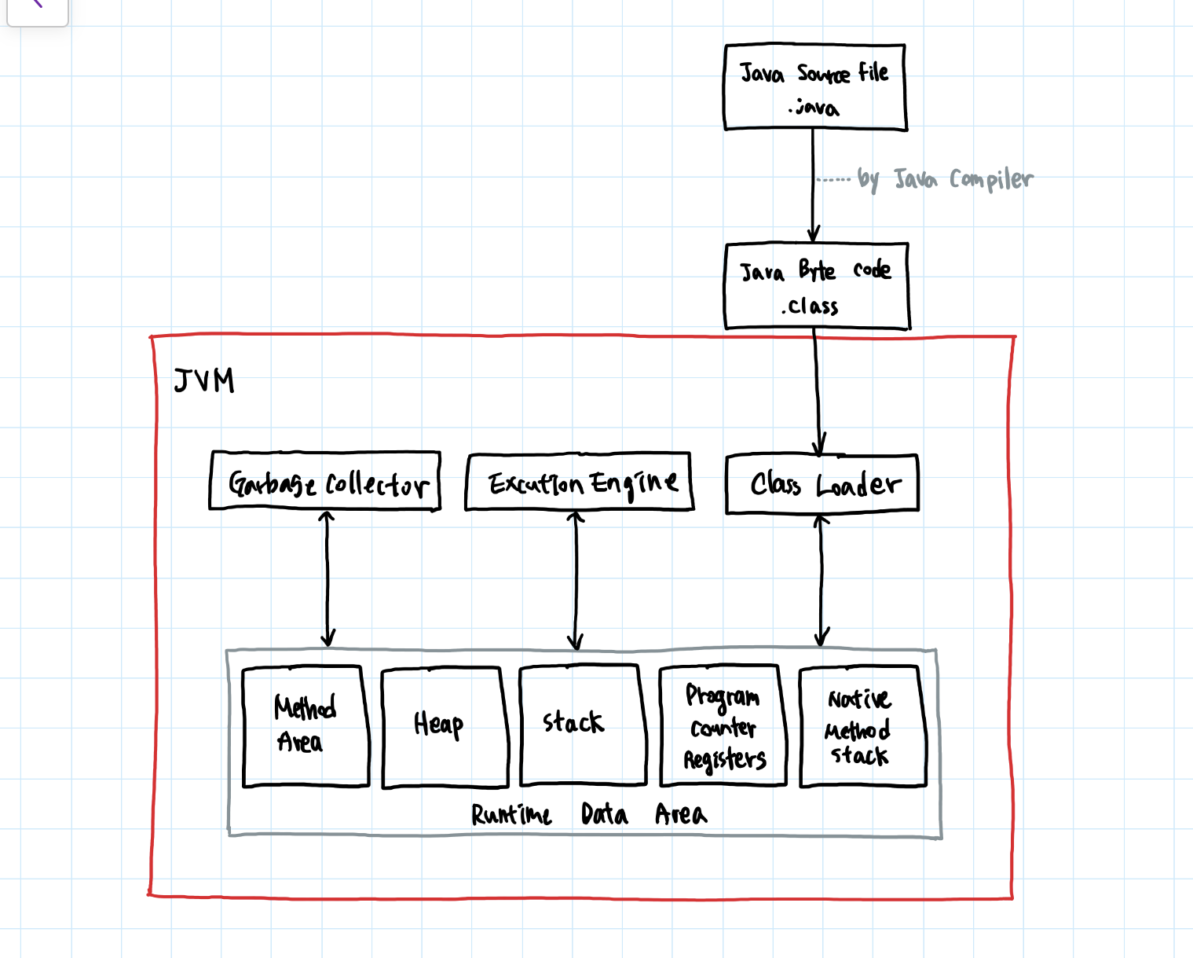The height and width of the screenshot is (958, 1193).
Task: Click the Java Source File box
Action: point(814,86)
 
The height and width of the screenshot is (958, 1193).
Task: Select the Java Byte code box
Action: point(817,285)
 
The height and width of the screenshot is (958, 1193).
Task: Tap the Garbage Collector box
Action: point(324,481)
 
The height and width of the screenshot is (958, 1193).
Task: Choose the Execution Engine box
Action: point(579,481)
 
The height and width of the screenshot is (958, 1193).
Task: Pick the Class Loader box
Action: point(822,483)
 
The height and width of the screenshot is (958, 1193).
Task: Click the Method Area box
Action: point(306,725)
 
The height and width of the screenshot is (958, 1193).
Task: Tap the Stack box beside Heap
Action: point(582,724)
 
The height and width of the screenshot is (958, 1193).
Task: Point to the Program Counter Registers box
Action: point(723,725)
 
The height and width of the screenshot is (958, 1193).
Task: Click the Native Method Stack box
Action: point(862,725)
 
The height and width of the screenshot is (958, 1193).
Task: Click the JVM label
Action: point(204,381)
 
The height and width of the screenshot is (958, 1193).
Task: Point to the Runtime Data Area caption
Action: point(588,814)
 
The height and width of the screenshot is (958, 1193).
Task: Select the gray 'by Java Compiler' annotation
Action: point(945,180)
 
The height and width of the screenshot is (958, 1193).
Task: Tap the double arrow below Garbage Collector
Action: point(327,579)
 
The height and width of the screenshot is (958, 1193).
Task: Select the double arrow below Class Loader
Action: point(822,581)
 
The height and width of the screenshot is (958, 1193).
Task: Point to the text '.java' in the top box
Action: point(814,107)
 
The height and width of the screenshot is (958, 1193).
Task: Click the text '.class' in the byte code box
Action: point(811,306)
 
